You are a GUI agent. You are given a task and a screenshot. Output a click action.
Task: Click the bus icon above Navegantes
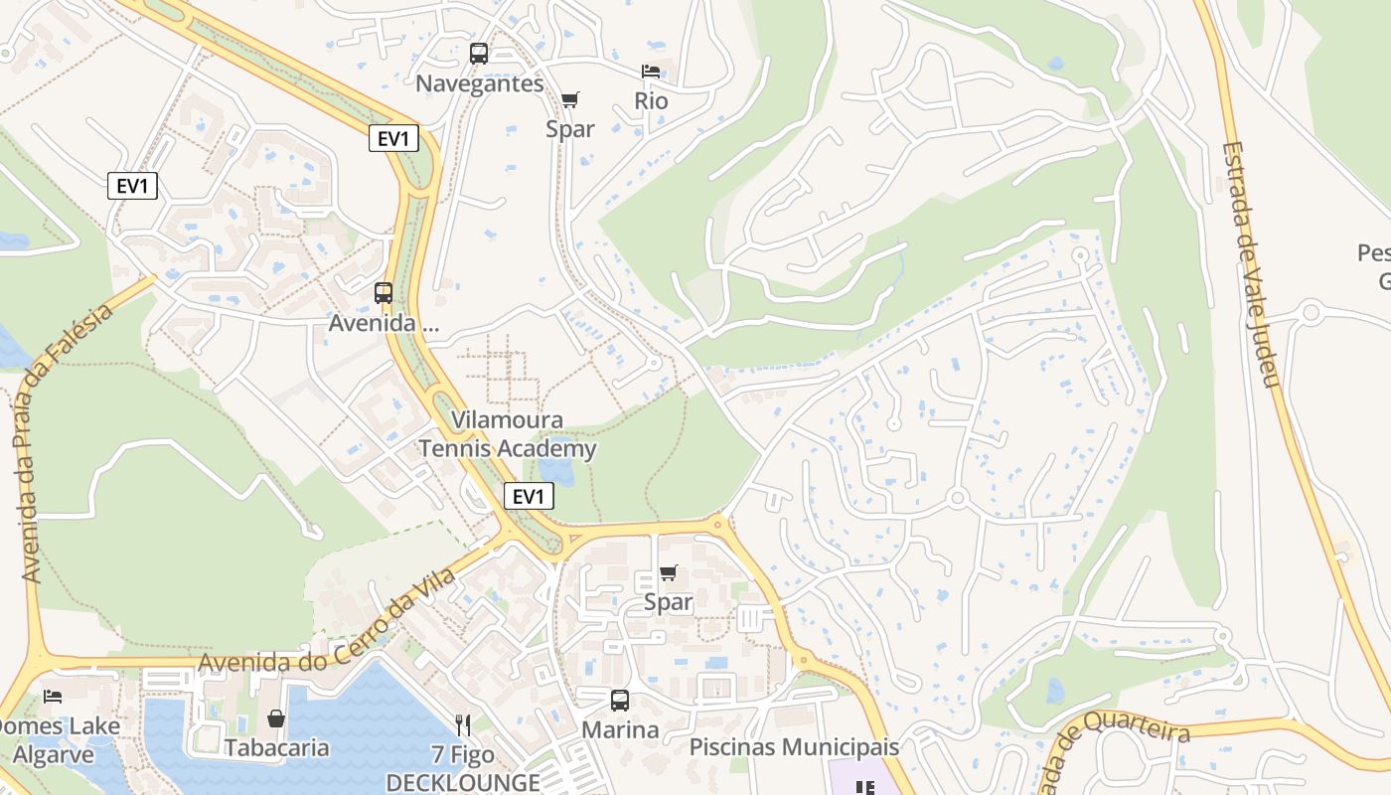click(479, 54)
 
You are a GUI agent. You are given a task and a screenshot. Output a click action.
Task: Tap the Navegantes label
click(479, 83)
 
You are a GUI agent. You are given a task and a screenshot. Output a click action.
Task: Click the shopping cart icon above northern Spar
click(569, 99)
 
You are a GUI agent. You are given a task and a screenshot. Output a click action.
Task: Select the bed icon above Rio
click(651, 72)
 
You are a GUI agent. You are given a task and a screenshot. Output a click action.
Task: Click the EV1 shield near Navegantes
click(393, 138)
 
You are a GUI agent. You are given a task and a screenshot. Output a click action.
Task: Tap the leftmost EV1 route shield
click(132, 186)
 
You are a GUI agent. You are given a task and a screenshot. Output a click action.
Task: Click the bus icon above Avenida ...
click(384, 293)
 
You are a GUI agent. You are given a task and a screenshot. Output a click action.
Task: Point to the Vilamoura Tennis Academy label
click(508, 434)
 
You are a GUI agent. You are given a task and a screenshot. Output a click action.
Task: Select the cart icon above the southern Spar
click(668, 573)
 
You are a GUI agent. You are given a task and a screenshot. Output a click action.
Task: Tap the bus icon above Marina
click(620, 701)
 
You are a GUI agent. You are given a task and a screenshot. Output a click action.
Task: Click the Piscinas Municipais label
click(794, 746)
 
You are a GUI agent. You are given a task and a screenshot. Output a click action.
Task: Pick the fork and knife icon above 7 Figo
click(463, 724)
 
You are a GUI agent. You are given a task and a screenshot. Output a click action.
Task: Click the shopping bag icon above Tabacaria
click(276, 717)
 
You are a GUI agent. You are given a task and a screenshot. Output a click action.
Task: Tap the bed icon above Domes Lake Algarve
click(53, 696)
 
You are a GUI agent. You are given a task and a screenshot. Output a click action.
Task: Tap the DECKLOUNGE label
click(463, 782)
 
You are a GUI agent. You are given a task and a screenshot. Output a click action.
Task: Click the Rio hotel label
click(651, 101)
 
